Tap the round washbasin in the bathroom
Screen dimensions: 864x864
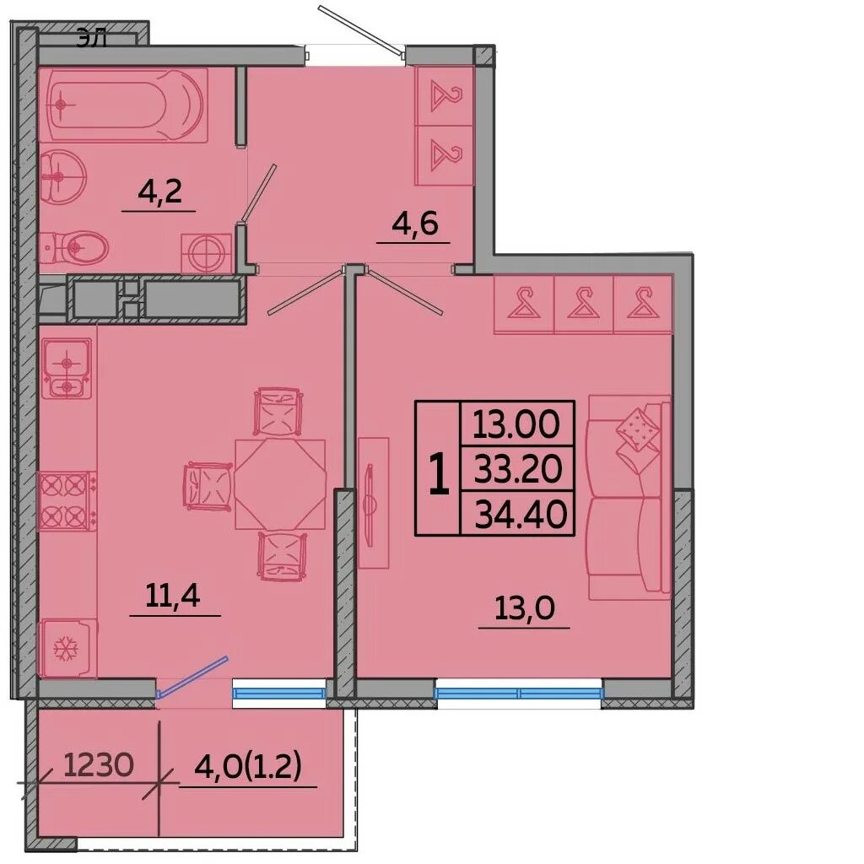click(62, 176)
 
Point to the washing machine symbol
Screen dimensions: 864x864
click(207, 253)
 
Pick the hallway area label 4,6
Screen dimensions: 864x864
click(414, 223)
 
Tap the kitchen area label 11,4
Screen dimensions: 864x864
click(172, 595)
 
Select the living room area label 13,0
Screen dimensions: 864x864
click(524, 608)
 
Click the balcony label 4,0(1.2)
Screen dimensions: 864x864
click(248, 766)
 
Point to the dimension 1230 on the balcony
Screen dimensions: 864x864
click(99, 765)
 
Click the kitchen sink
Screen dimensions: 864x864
click(67, 368)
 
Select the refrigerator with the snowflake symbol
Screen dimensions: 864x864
click(67, 648)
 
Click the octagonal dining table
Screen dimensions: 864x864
click(280, 483)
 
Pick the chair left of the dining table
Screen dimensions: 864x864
click(208, 486)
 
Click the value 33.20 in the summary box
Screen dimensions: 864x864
click(518, 469)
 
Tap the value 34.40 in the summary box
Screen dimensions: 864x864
click(521, 514)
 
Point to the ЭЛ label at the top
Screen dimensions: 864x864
click(91, 40)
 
